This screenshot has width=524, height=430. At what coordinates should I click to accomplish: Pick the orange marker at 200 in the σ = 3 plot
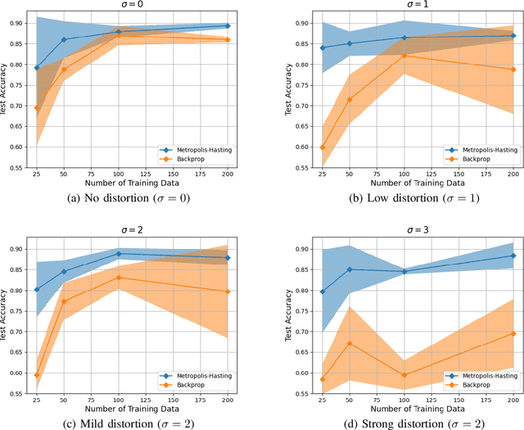513,333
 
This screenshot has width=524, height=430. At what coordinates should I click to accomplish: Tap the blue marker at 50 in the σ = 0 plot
64,39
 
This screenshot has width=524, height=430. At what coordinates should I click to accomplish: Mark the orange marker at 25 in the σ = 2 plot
36,375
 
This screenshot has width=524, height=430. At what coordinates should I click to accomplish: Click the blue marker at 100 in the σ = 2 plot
119,254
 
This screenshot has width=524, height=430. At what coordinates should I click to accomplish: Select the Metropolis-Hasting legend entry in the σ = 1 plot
476,151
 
